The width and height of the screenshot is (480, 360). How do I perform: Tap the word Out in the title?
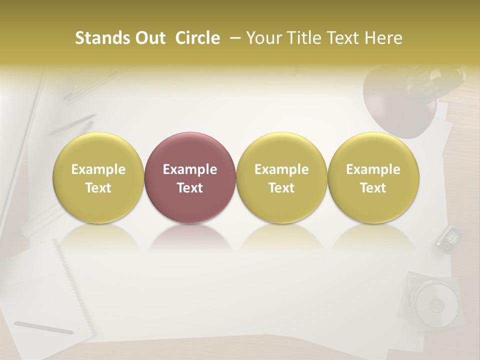(x=149, y=38)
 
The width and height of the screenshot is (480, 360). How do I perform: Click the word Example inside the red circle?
(x=190, y=169)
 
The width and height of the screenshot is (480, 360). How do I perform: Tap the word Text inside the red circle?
(x=190, y=188)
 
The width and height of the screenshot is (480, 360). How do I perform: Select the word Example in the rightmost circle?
(x=373, y=169)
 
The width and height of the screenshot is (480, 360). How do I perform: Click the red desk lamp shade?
(x=395, y=107)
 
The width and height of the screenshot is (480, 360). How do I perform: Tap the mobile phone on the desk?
(x=448, y=238)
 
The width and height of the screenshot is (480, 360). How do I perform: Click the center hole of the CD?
(x=437, y=304)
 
